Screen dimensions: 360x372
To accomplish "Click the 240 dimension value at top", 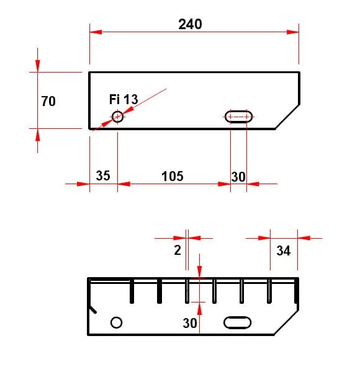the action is pos(190,24).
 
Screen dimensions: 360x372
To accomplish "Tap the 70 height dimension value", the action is pos(48,101).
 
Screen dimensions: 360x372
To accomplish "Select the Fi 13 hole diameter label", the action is pos(124,99).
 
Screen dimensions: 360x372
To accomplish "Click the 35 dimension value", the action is pos(103,176).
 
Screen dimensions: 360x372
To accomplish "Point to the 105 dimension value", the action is pos(173,176).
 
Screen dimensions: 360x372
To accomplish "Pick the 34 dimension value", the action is pos(283,250).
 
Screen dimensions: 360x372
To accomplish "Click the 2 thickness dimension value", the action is pos(178,250).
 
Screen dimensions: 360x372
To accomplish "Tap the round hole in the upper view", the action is pos(117,111).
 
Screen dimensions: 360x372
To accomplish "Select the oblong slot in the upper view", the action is pos(238,110).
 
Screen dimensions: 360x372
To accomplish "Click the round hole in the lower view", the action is pos(116,317).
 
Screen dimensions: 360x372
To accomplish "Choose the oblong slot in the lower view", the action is pos(237,317).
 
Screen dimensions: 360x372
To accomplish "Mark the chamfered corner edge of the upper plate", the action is pos(287,117).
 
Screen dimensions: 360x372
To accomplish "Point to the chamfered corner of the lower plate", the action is pos(286,322).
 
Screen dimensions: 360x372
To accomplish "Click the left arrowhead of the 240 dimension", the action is pos(96,32).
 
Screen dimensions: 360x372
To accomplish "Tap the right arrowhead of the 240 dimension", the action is pos(292,32).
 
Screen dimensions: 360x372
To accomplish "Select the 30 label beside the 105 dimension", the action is pos(238,177).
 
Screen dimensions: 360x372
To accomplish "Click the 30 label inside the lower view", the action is pos(190,323).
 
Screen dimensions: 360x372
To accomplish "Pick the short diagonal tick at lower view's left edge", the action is pos(92,309).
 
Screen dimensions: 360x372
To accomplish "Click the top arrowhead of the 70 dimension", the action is pos(37,66).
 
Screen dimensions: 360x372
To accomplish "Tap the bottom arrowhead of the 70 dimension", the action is pos(37,135).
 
